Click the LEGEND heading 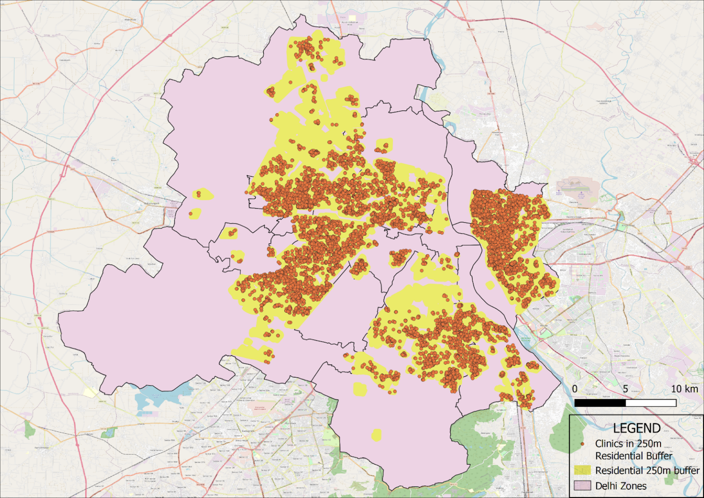(637, 428)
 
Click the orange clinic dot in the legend (582, 444)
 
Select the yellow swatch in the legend (582, 470)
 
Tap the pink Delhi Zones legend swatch (582, 486)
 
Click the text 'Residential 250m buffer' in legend (647, 470)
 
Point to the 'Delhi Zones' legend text (621, 486)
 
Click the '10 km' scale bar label (684, 389)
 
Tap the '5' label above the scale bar (625, 389)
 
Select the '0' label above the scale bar (575, 389)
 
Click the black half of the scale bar (600, 403)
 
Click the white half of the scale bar (651, 403)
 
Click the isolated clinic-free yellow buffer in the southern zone (376, 435)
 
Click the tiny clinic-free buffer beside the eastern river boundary (490, 285)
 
